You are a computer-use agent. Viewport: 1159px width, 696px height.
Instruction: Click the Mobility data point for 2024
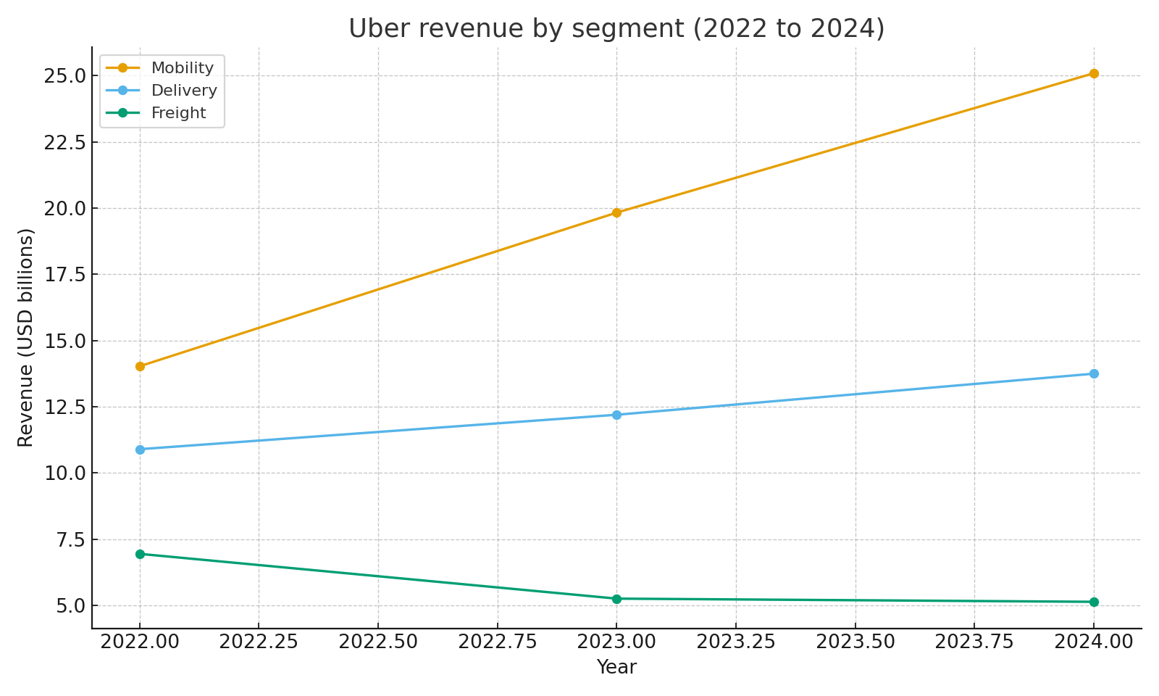pos(1094,73)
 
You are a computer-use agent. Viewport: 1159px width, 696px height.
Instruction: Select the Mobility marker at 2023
pos(616,212)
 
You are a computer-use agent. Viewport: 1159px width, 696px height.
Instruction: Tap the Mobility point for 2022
pos(140,366)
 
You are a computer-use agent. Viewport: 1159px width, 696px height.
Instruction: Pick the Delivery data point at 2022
pos(140,449)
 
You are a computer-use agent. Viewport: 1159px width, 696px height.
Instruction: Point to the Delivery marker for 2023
pos(616,415)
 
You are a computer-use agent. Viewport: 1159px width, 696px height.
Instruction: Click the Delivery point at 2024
pos(1094,373)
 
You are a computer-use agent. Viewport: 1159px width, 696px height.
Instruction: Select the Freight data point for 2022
pos(140,554)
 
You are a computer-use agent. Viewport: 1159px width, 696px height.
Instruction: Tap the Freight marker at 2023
pos(616,599)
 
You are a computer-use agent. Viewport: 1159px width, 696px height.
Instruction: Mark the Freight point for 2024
pos(1094,602)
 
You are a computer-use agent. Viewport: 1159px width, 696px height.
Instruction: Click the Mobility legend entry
pos(182,68)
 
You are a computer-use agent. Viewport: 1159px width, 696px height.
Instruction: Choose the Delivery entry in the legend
pos(183,91)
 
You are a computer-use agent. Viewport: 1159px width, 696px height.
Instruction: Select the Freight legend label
pos(178,113)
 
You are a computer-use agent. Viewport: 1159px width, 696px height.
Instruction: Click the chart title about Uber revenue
pos(616,29)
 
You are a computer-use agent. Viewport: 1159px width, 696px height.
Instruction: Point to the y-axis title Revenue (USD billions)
pos(26,337)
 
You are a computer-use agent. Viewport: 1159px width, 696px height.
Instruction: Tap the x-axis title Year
pos(616,667)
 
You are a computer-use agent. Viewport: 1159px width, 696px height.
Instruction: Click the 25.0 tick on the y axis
pos(65,76)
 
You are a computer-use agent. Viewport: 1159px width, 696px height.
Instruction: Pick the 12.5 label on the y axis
pos(65,407)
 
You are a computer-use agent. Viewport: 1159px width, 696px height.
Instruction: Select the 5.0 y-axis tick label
pos(70,606)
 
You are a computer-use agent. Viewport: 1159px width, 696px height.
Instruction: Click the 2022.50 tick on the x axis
pos(378,642)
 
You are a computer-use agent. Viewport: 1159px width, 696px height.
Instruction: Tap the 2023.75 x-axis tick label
pos(974,642)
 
